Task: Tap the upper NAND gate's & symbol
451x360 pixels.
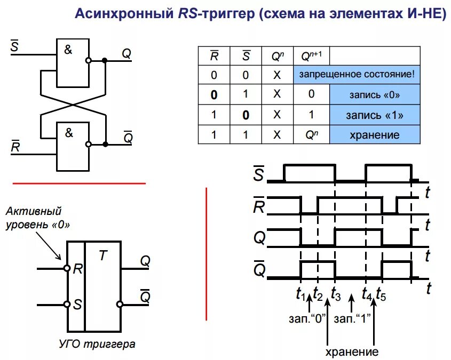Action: click(68, 50)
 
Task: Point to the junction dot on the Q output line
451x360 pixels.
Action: click(105, 61)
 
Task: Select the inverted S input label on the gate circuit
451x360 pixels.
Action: click(14, 47)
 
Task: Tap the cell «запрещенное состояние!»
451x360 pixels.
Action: click(357, 74)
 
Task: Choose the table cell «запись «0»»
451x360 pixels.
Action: click(374, 95)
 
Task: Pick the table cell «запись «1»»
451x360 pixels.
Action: click(374, 115)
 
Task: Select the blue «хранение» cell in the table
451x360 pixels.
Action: click(374, 135)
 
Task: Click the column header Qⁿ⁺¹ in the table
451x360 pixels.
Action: click(311, 55)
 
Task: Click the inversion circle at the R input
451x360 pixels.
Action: click(67, 268)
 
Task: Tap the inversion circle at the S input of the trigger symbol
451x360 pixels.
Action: click(67, 305)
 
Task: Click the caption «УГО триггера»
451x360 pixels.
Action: click(97, 343)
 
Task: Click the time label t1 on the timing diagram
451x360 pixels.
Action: click(300, 292)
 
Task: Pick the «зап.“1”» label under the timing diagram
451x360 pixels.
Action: click(352, 319)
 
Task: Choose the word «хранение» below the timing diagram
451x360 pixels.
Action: click(352, 352)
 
